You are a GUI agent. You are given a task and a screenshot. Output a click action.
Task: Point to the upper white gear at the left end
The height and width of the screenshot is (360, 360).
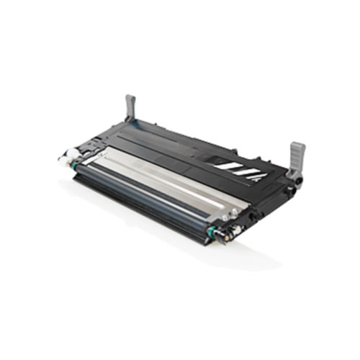[73, 153]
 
